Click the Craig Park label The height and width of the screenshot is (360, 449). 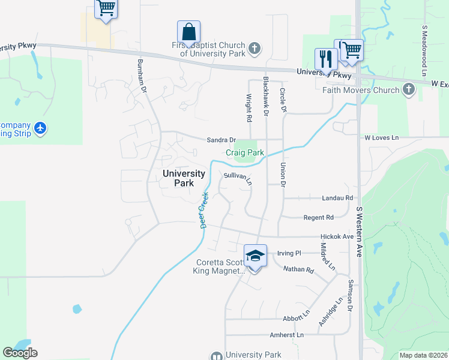[x=245, y=153]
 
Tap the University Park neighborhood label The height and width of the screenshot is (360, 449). [x=184, y=178]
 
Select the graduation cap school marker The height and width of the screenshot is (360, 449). [x=255, y=256]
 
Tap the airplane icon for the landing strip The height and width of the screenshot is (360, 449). [x=40, y=128]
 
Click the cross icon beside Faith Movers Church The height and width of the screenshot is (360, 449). [x=409, y=90]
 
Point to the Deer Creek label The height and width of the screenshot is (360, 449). [x=203, y=210]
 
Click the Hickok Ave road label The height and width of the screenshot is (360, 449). [x=337, y=236]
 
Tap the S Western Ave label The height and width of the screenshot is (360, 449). [x=360, y=232]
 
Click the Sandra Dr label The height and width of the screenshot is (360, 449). [x=221, y=140]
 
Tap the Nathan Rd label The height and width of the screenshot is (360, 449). [x=298, y=270]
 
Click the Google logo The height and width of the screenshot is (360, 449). [x=20, y=353]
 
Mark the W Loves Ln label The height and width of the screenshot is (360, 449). [x=382, y=137]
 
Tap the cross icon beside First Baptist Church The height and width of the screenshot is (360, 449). [x=255, y=48]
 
